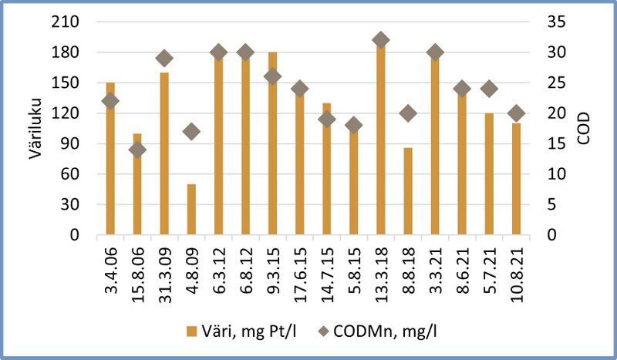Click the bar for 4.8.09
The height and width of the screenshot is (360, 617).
191,210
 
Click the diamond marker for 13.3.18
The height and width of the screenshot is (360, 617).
381,40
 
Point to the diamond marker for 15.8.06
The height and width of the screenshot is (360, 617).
137,150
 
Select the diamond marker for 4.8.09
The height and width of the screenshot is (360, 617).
191,132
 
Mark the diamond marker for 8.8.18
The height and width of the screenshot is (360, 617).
408,113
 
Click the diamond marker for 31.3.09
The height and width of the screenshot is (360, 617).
164,59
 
